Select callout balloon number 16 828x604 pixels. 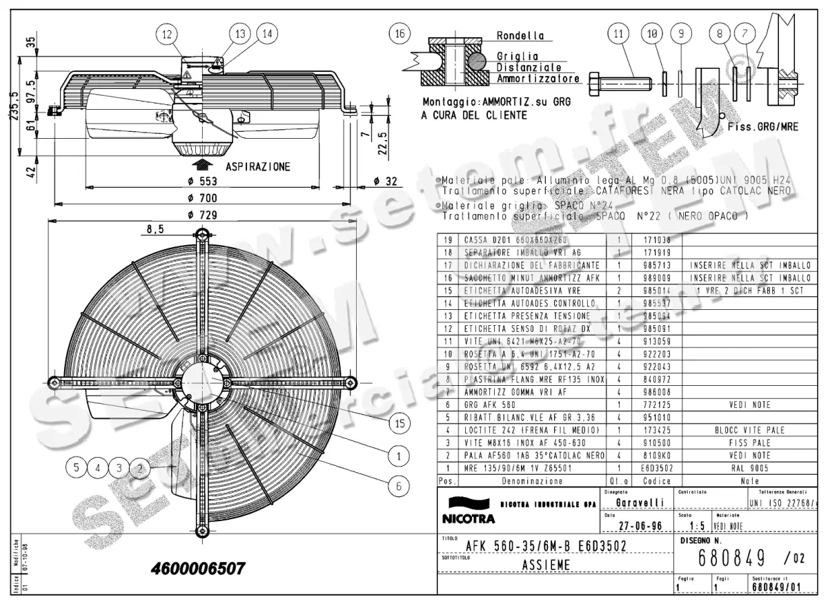pyautogui.click(x=398, y=33)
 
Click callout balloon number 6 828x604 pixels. pyautogui.click(x=398, y=486)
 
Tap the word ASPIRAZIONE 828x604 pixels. pyautogui.click(x=258, y=166)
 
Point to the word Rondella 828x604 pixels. pyautogui.click(x=520, y=35)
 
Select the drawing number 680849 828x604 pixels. pyautogui.click(x=730, y=556)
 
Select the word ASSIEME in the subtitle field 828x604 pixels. pyautogui.click(x=546, y=565)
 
